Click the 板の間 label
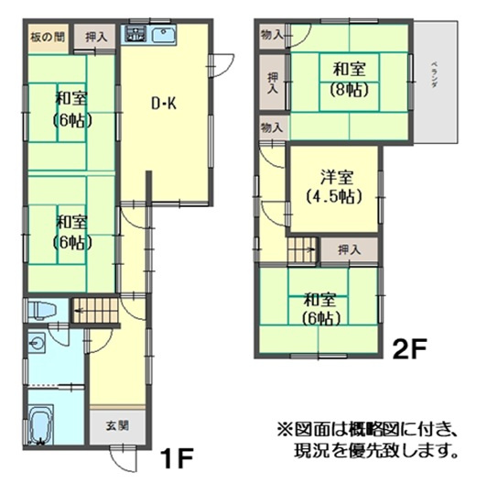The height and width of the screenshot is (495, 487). click(47, 38)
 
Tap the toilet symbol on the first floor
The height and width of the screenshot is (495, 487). click(40, 310)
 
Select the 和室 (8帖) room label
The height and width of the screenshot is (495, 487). click(345, 79)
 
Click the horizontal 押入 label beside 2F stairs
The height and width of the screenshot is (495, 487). click(348, 248)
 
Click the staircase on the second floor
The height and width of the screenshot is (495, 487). click(302, 248)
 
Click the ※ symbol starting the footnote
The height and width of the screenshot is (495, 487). click(282, 428)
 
